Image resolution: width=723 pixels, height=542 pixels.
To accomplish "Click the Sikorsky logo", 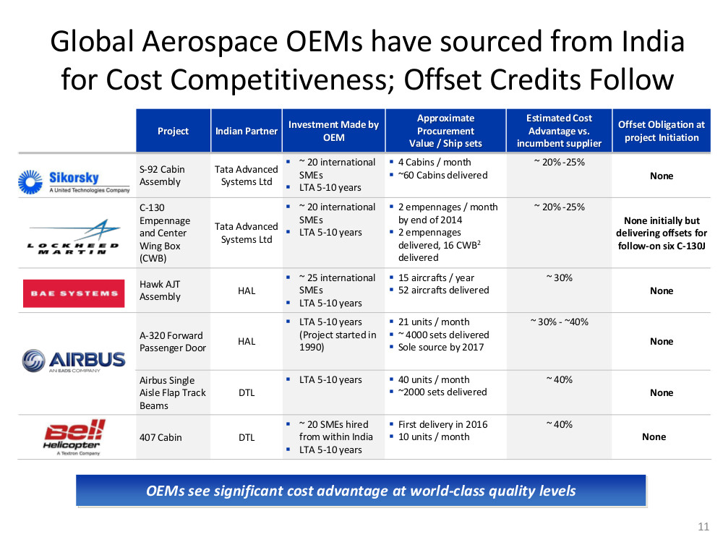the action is (74, 181).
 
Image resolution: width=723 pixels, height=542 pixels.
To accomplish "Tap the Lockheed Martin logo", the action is (74, 237).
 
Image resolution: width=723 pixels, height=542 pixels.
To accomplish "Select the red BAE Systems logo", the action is (74, 293).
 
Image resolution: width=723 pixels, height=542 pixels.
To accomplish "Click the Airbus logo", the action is (74, 361).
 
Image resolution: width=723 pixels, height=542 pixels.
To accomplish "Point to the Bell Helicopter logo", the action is (74, 437).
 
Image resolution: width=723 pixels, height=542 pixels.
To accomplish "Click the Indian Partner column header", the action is (247, 131).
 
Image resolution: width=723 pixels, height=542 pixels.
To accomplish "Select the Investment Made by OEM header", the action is (333, 131).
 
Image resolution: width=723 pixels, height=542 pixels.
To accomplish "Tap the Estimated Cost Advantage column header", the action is (559, 131).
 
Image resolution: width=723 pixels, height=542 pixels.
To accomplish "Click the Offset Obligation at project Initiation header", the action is (662, 131).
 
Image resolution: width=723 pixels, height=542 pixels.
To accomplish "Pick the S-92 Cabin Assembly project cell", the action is (162, 176).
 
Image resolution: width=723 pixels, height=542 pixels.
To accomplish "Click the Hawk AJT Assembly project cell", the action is (160, 291).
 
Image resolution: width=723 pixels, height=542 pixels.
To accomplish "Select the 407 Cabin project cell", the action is (161, 437).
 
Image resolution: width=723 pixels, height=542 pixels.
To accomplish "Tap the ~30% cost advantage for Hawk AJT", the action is (560, 278).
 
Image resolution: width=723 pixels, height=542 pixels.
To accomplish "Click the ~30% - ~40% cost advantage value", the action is (560, 322).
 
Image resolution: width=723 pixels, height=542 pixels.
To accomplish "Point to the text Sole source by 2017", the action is (441, 347).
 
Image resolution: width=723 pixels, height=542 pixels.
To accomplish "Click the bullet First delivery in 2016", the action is (442, 424).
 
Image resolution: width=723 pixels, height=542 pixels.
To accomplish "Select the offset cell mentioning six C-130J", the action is (662, 233).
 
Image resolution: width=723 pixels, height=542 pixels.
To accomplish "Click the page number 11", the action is (703, 526).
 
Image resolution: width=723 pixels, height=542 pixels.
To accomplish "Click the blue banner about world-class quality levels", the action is (361, 491).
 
